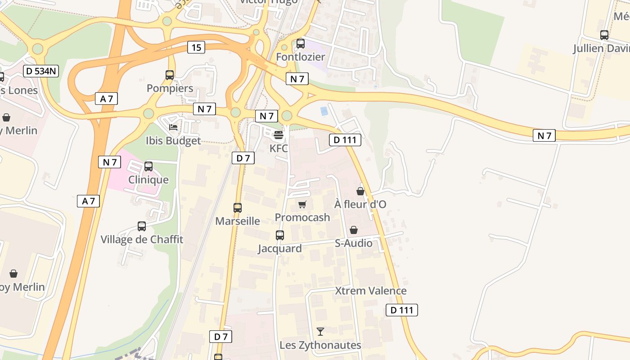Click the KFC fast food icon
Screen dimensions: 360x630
coord(278,135)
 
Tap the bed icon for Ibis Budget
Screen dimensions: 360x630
coord(173,127)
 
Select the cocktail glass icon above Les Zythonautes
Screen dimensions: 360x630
coord(320,332)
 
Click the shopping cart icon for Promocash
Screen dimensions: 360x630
coord(302,205)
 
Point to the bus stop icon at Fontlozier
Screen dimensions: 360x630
coord(301,44)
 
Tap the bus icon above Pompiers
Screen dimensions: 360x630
coord(170,75)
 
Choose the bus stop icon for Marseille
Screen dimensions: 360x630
coord(238,208)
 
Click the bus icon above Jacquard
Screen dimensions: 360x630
coord(280,235)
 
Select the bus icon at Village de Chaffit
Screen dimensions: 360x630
coord(142,226)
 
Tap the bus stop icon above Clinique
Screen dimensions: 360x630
coord(148,166)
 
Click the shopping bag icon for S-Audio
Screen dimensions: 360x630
coord(354,230)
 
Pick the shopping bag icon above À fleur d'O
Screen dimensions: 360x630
coord(360,191)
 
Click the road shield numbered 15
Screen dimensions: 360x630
coord(196,47)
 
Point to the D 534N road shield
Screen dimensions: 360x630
coord(41,71)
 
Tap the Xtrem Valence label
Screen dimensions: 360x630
coord(371,291)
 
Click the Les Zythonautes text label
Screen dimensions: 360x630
coord(320,345)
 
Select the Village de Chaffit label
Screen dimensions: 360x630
coord(142,239)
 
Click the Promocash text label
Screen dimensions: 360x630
coord(302,217)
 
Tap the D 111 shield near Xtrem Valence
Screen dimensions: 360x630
coord(402,310)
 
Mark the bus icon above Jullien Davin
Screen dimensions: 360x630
coord(604,35)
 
